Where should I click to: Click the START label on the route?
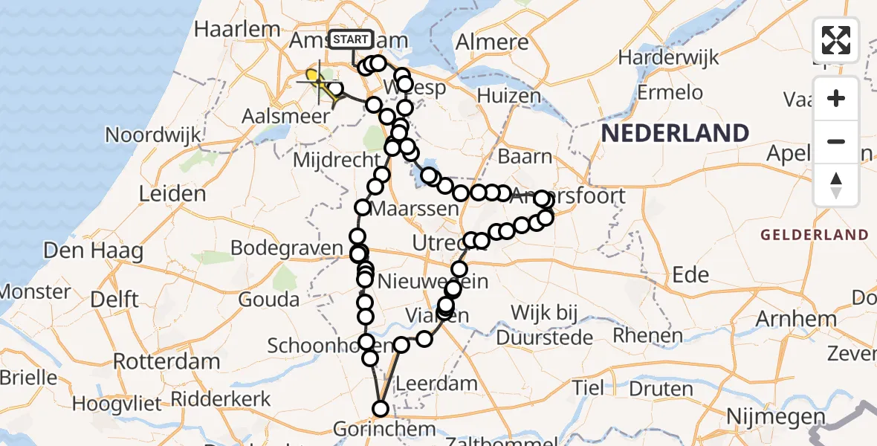350,39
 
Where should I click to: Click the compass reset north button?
836,185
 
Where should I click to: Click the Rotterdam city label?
166,362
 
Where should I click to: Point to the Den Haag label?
94,251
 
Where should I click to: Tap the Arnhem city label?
795,319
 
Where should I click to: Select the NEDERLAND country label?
675,134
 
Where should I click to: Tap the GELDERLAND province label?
814,235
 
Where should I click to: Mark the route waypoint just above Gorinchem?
381,408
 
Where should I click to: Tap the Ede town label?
690,274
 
